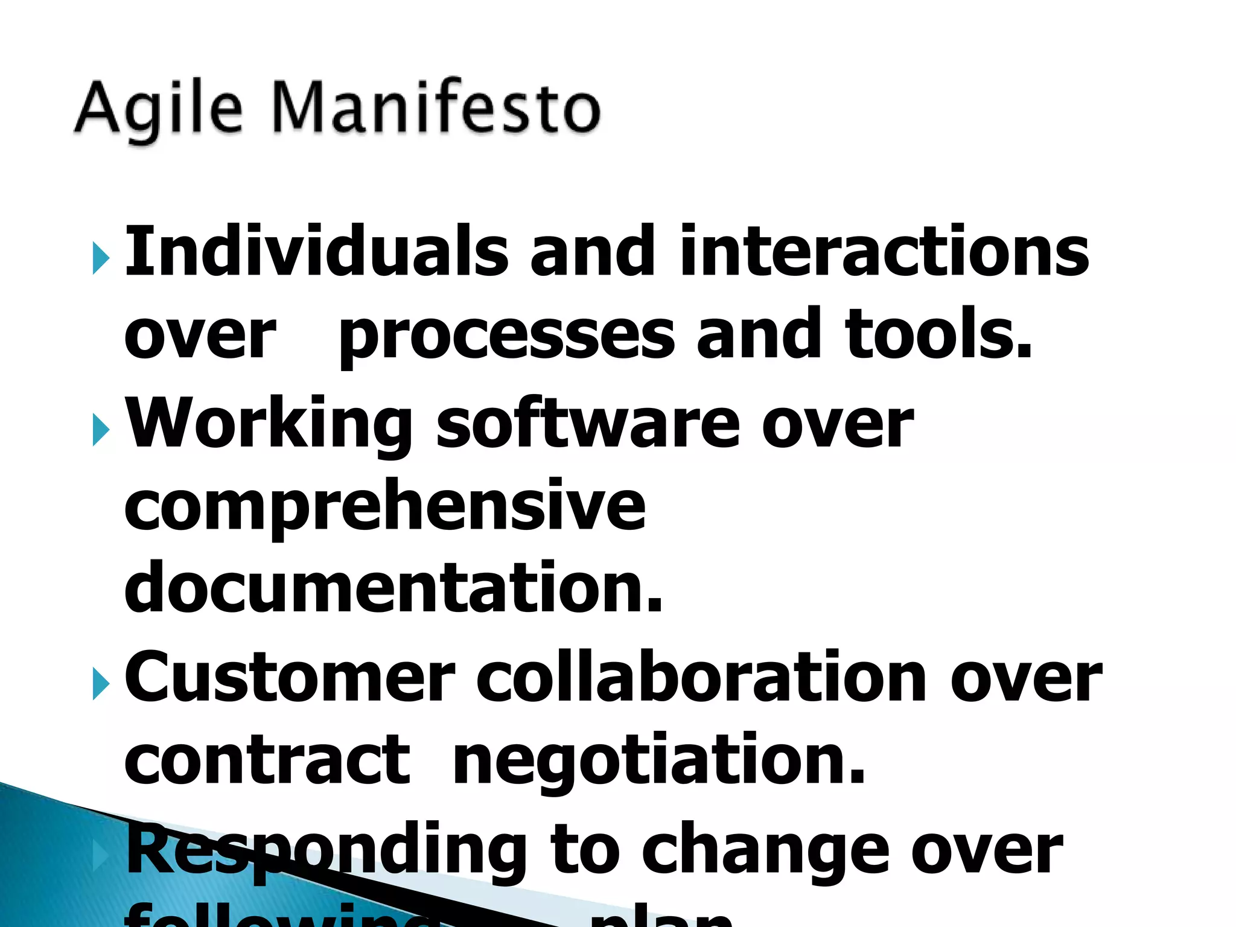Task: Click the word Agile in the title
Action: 159,109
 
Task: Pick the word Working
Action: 269,425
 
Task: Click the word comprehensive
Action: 385,507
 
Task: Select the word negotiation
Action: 659,762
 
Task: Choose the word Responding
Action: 326,851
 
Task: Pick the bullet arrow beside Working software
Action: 101,430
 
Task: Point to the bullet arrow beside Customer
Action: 101,684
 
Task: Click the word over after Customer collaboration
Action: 1026,678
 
